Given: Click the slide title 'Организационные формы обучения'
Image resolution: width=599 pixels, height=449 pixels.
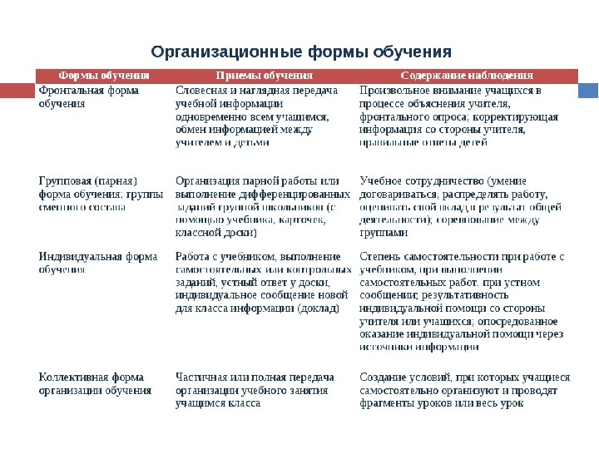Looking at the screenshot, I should [301, 52].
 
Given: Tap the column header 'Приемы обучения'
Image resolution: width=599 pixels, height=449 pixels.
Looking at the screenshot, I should [264, 76].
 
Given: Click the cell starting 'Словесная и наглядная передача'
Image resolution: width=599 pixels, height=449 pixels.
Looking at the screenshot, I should [258, 116].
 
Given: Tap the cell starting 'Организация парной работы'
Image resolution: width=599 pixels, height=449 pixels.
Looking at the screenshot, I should [260, 207].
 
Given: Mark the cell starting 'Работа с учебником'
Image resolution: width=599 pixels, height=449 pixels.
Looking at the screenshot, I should [261, 283].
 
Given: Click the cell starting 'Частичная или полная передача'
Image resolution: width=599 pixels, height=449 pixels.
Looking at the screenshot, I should [255, 390].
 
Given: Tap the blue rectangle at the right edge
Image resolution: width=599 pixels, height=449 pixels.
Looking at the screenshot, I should [587, 89].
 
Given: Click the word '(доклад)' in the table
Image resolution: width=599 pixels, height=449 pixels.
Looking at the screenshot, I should [319, 308].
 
